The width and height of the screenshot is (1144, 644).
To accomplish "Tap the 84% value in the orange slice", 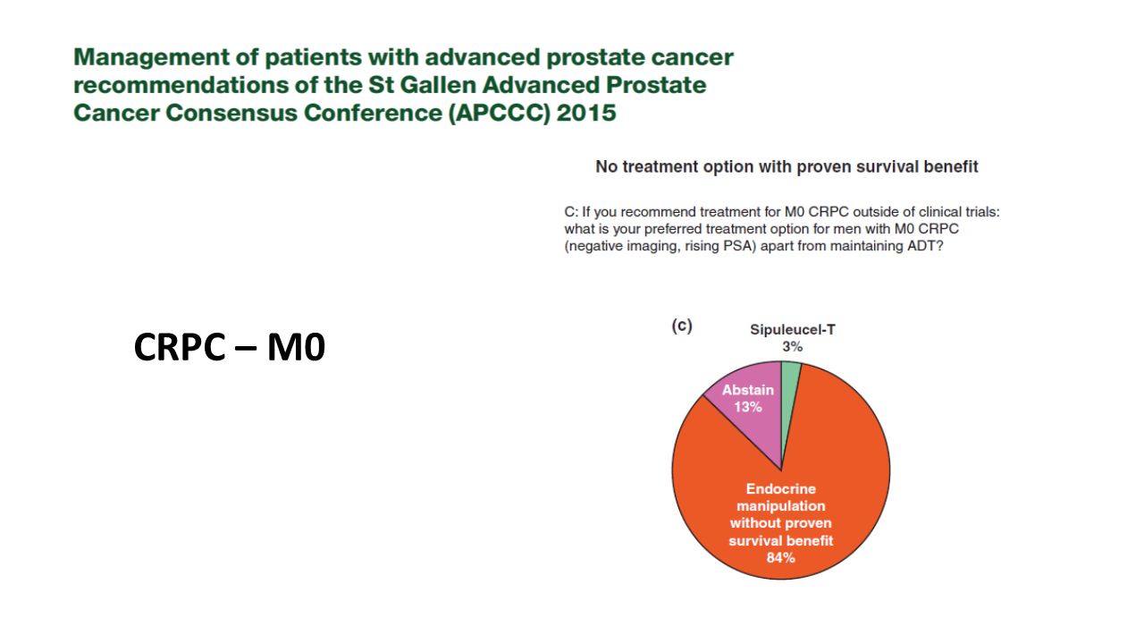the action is coord(780,557).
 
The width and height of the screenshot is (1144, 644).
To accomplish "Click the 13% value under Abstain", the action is coord(748,407).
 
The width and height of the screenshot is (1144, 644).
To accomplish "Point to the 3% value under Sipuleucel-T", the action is coord(792,347).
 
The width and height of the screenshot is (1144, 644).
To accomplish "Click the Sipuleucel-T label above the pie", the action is coord(792,330).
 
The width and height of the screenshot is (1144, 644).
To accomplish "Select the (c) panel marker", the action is coord(682,326).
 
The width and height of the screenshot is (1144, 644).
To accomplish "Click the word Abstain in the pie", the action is coord(748,390).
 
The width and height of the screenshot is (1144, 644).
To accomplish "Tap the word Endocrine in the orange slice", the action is coord(781,489).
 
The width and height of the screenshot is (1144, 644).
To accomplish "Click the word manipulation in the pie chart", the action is coord(781,506).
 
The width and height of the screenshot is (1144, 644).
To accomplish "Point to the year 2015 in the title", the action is coord(586,113).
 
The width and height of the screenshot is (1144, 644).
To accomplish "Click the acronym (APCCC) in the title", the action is coord(499,113).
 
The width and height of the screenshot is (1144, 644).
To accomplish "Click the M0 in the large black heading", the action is coord(296,347).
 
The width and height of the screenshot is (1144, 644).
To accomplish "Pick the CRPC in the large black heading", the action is coord(180,347).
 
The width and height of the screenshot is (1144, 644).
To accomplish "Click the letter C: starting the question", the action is coord(571,212).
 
